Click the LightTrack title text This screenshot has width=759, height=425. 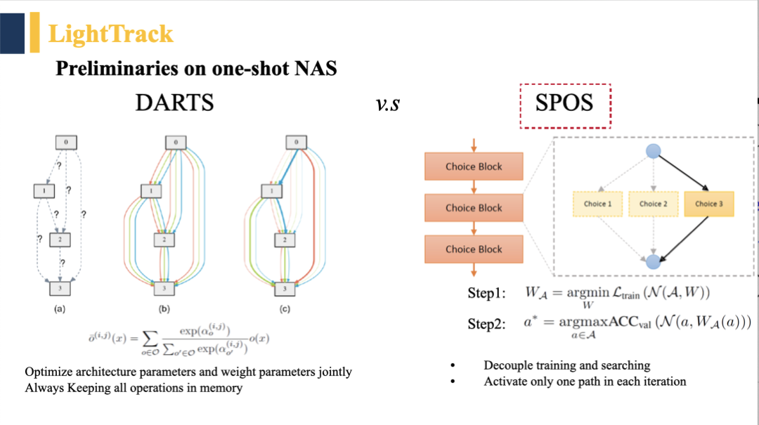coord(110,34)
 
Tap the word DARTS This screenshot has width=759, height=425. coord(174,103)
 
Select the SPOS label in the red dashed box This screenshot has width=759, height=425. coord(564,103)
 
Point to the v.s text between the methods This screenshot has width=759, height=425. coord(388,105)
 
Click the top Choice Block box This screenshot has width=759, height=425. coord(474,166)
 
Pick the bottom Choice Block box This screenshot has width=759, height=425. coord(474,249)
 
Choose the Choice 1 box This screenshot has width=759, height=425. coord(598,204)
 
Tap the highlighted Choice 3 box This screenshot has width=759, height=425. coord(709,204)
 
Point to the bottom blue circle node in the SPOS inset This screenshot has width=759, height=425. coord(653,261)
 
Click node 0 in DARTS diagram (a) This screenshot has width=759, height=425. coord(65,143)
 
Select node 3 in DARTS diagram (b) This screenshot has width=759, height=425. coord(164,288)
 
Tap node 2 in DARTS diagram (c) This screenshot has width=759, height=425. coord(284,240)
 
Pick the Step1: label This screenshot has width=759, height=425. coord(486,294)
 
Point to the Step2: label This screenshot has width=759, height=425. coord(486,324)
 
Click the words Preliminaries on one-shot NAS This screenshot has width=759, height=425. coord(196,68)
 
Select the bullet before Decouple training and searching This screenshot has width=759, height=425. coord(453,366)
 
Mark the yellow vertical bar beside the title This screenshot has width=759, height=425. coord(34,33)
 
